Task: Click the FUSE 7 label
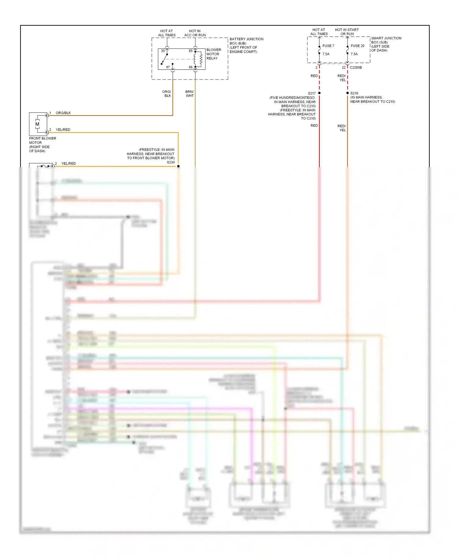click(328, 46)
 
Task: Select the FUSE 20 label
click(357, 46)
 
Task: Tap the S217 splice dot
click(319, 93)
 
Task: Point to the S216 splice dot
click(347, 93)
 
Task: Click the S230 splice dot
click(178, 166)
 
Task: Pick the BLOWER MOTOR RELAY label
click(213, 54)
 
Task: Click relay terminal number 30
click(163, 51)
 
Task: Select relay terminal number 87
click(168, 67)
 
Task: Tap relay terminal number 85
click(191, 51)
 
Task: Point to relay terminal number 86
click(191, 67)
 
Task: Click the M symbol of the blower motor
click(37, 124)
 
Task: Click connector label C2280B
click(356, 67)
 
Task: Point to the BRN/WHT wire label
click(189, 94)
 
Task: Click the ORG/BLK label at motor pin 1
click(63, 113)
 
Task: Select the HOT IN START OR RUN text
click(347, 32)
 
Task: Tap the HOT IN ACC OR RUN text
click(195, 33)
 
